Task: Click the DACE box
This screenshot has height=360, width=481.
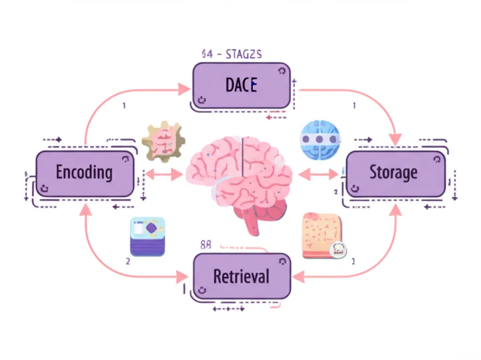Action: pyautogui.click(x=241, y=86)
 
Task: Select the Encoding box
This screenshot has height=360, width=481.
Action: pyautogui.click(x=85, y=173)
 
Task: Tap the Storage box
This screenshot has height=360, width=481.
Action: pyautogui.click(x=395, y=173)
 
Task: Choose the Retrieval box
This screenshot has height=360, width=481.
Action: pyautogui.click(x=242, y=276)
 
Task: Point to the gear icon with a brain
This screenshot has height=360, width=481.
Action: pyautogui.click(x=164, y=142)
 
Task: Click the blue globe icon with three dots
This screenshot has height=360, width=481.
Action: pyautogui.click(x=319, y=139)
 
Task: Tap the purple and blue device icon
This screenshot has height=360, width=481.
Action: pyautogui.click(x=147, y=236)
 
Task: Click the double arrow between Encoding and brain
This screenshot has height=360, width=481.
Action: pyautogui.click(x=163, y=174)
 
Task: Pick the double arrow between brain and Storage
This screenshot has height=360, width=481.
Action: pyautogui.click(x=318, y=174)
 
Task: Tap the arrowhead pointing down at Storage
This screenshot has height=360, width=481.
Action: pyautogui.click(x=396, y=139)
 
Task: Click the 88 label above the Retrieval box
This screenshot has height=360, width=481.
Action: pyautogui.click(x=206, y=245)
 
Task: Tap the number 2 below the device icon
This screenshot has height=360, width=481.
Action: pyautogui.click(x=128, y=261)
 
